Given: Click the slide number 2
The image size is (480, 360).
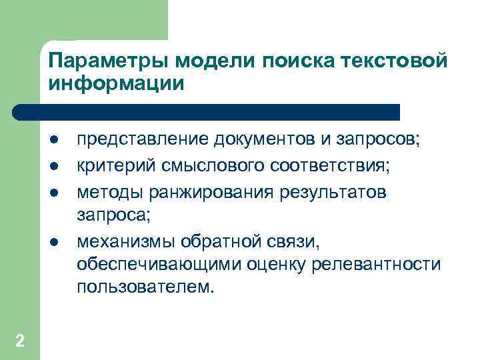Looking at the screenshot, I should [x=20, y=341].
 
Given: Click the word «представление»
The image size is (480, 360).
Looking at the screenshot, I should [x=143, y=141].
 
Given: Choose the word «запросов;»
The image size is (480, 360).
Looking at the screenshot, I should [x=381, y=141].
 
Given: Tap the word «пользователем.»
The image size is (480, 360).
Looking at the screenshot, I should [x=147, y=289].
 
